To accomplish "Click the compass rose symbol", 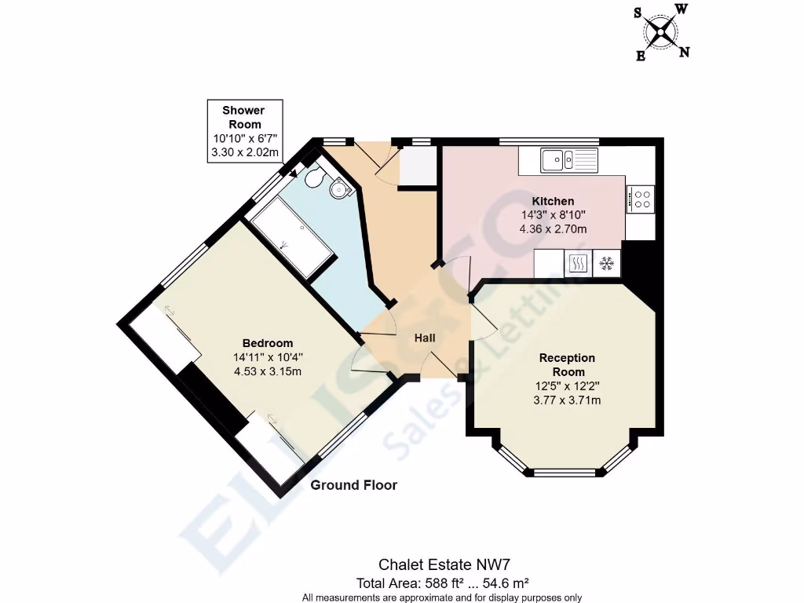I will click(662, 31).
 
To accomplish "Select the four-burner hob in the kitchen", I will click(641, 198).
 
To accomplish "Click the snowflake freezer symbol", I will click(606, 263).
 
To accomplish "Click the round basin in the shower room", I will click(339, 188).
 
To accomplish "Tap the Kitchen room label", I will click(554, 201).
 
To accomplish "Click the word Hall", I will click(425, 338).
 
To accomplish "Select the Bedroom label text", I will click(268, 343).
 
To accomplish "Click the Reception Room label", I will click(567, 364).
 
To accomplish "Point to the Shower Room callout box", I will click(244, 131).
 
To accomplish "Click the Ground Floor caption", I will click(354, 485).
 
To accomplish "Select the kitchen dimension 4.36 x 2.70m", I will click(554, 229).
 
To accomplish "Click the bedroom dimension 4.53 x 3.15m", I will click(268, 371).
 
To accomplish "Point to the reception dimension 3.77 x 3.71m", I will click(567, 400).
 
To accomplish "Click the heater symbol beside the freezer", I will click(578, 263).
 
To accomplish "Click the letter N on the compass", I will click(684, 53).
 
